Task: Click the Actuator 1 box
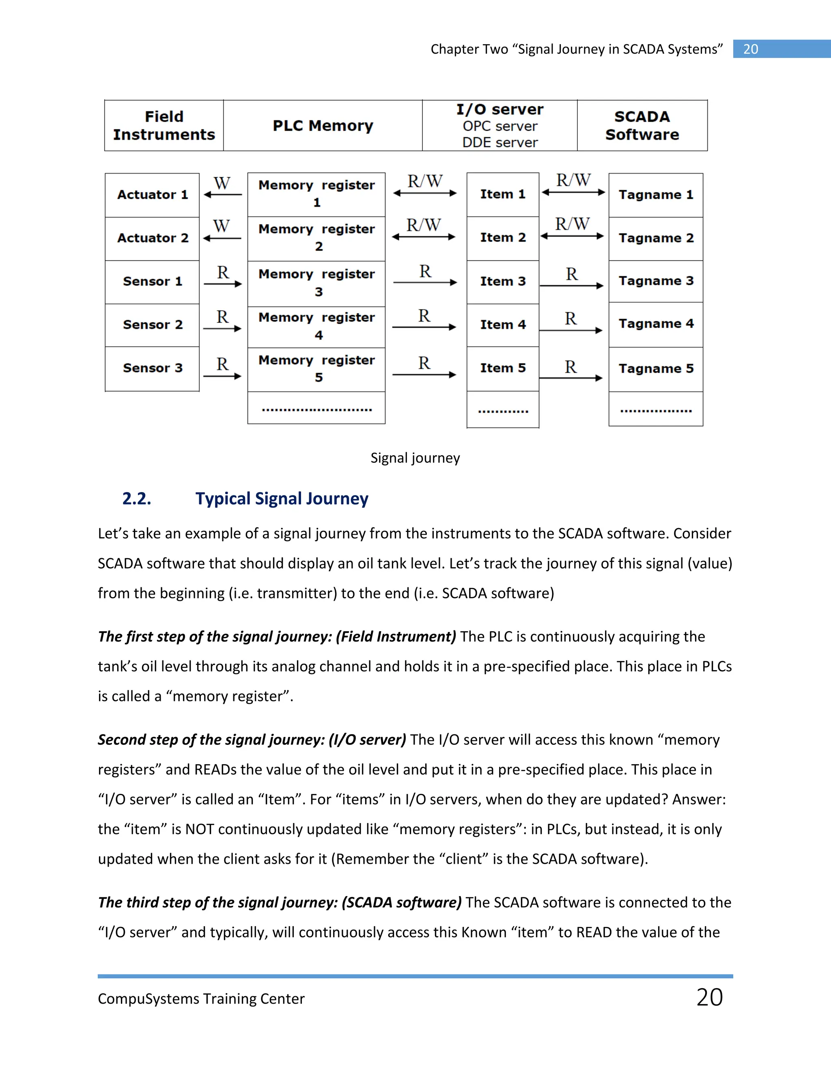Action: (x=152, y=195)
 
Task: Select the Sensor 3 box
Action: (x=152, y=368)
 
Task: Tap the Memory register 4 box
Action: (x=316, y=326)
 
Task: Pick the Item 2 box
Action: (x=503, y=238)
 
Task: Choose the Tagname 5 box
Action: (x=656, y=369)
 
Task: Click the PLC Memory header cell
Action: (x=323, y=125)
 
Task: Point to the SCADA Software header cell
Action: (x=642, y=125)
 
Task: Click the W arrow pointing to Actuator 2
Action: (x=222, y=238)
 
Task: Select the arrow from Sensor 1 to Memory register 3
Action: (x=222, y=284)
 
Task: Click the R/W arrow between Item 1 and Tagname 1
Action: (x=573, y=192)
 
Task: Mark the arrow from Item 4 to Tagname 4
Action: (x=571, y=330)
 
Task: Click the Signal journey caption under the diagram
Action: (x=415, y=458)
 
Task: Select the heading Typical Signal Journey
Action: (x=282, y=499)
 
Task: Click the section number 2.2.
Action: (x=136, y=499)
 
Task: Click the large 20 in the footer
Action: (x=709, y=998)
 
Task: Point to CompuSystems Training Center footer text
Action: (x=201, y=999)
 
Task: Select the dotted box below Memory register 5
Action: (x=316, y=408)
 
